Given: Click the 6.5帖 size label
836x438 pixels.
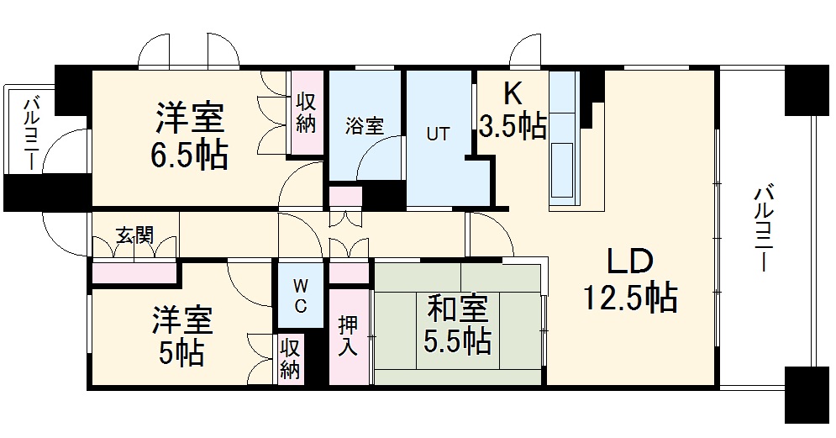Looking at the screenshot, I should pyautogui.click(x=191, y=156).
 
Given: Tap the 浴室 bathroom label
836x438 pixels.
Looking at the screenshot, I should pyautogui.click(x=365, y=126).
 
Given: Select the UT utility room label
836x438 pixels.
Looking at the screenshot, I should pyautogui.click(x=437, y=134).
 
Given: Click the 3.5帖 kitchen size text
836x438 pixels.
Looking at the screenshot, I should pyautogui.click(x=513, y=126).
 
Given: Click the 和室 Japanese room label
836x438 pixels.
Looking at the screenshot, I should pyautogui.click(x=456, y=309).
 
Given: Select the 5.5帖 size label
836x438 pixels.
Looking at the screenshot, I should pyautogui.click(x=457, y=340).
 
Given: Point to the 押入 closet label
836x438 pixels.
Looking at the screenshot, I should pyautogui.click(x=349, y=335).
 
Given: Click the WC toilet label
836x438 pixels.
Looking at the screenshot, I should pyautogui.click(x=299, y=295).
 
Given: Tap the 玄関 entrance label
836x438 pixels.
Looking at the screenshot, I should pyautogui.click(x=134, y=235).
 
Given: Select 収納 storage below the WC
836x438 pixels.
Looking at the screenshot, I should pyautogui.click(x=290, y=359).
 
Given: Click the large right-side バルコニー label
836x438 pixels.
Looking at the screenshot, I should pyautogui.click(x=763, y=227).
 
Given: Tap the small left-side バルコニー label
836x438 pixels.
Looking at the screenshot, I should pyautogui.click(x=31, y=134).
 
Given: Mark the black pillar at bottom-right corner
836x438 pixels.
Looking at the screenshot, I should pyautogui.click(x=807, y=394).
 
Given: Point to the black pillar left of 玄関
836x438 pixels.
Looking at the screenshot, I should pyautogui.click(x=46, y=193).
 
